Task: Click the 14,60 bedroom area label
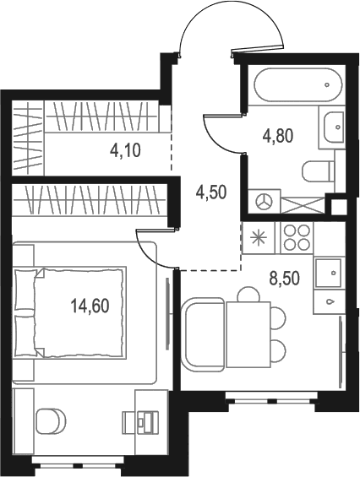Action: (90, 306)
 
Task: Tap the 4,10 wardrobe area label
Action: (125, 150)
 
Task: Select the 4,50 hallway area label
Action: (211, 192)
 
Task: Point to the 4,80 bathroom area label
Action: (278, 136)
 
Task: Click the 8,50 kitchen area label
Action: (285, 279)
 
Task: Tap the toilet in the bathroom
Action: (318, 171)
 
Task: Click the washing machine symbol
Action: (265, 202)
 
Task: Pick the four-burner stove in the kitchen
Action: (297, 237)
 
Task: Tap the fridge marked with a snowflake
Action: (259, 237)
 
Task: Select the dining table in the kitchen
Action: (248, 334)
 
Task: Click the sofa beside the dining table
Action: (203, 334)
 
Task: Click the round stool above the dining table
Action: (248, 294)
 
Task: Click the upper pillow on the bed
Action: (25, 290)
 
